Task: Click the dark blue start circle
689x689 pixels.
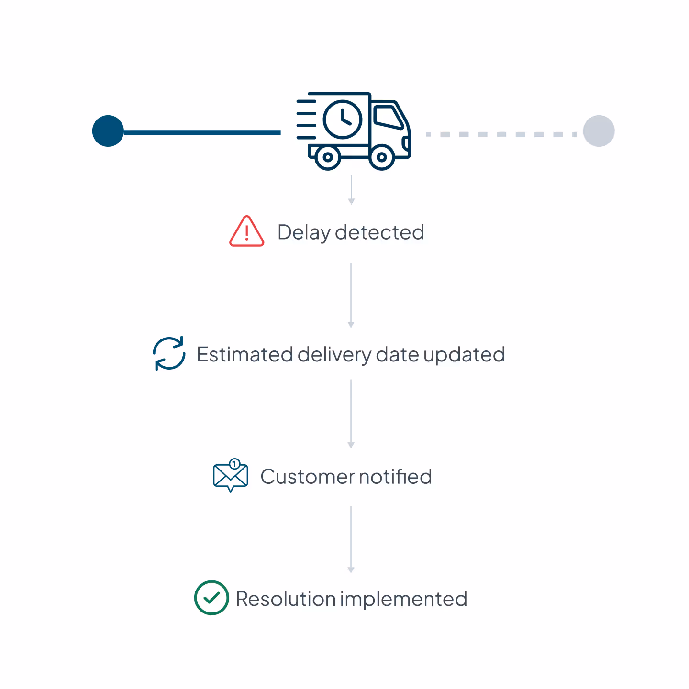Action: tap(108, 131)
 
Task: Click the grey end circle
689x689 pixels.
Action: tap(599, 131)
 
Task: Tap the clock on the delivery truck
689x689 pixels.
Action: tap(343, 119)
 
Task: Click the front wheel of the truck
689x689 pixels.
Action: tap(382, 157)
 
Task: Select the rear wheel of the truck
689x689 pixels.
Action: tap(328, 157)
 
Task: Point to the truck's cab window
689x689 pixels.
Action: tap(389, 117)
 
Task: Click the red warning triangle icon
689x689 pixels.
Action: tap(246, 232)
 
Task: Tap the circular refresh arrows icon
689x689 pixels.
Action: tap(169, 354)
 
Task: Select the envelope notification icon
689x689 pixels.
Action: tap(231, 476)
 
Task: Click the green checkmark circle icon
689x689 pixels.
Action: tap(211, 598)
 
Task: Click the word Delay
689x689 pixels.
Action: tap(304, 233)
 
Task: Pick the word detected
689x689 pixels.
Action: tap(379, 232)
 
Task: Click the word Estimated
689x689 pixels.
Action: tap(245, 355)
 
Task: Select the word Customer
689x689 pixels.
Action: tap(307, 477)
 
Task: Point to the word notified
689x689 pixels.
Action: tap(395, 477)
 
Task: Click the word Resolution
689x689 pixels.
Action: tap(286, 599)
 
